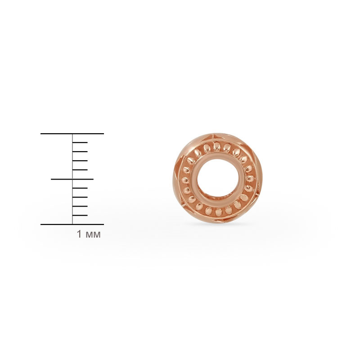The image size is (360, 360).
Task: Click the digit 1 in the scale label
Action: pyautogui.click(x=79, y=234)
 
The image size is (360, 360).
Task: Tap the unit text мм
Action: pyautogui.click(x=93, y=235)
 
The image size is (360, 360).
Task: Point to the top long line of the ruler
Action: pyautogui.click(x=72, y=133)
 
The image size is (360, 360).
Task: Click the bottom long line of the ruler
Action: pyautogui.click(x=72, y=224)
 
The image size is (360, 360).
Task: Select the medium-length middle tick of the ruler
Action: pyautogui.click(x=72, y=179)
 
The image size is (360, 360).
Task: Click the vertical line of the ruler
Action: pyautogui.click(x=72, y=179)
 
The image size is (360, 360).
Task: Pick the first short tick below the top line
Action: pyautogui.click(x=80, y=143)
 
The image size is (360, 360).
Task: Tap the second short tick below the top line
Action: pyautogui.click(x=80, y=152)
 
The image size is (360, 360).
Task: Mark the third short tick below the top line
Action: pyautogui.click(x=80, y=161)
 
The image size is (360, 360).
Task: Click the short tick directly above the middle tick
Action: pyautogui.click(x=80, y=170)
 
